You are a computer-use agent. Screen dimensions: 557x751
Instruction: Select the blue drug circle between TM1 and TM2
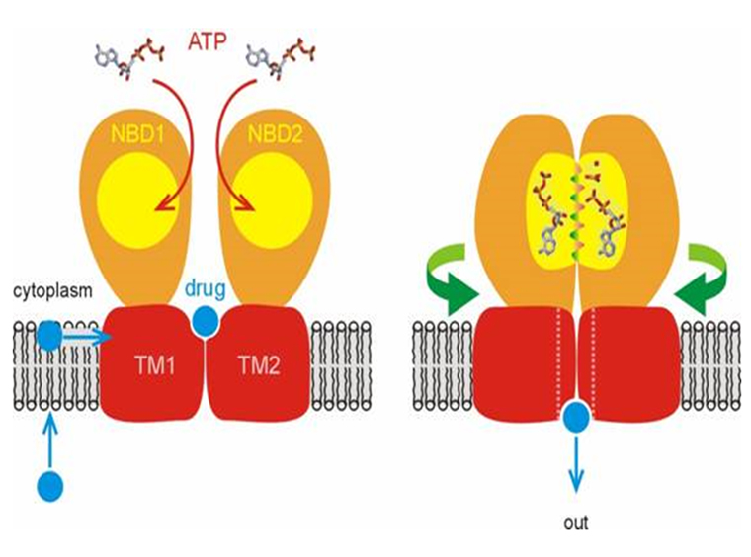[205, 321]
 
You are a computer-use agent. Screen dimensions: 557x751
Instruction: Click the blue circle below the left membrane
[49, 485]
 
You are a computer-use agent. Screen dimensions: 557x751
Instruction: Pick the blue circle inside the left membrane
[49, 337]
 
